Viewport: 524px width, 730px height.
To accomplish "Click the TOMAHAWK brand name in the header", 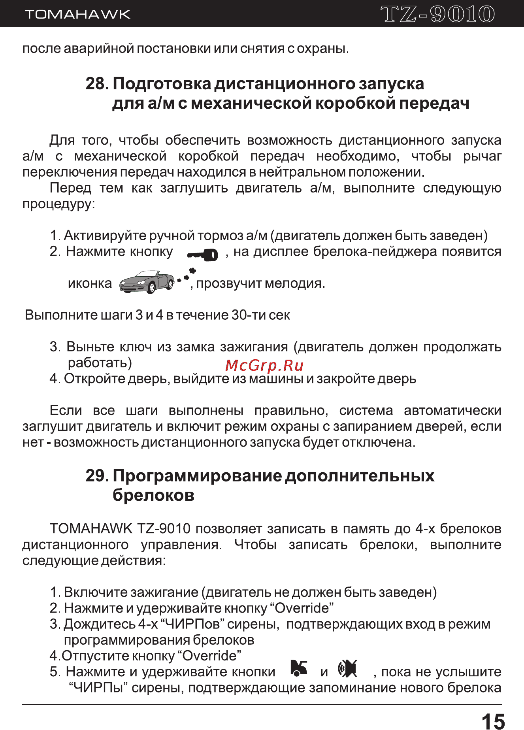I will [x=77, y=15].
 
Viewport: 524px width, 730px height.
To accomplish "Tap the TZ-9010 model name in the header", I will [x=437, y=14].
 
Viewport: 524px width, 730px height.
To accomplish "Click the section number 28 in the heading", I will [x=96, y=84].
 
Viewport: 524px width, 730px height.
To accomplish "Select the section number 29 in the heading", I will [x=96, y=476].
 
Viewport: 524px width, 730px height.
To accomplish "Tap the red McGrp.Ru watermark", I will [x=264, y=366].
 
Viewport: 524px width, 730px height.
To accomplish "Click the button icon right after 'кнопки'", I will [x=299, y=668].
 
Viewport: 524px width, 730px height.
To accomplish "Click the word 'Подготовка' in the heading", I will [x=162, y=84].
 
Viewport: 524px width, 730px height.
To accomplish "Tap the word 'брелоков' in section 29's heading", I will [x=153, y=495].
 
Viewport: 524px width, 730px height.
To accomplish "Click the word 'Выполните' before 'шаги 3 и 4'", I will [x=61, y=315].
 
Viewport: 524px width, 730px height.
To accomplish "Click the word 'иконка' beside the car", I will [x=90, y=283].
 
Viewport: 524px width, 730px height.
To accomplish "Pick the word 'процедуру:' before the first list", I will [x=58, y=204].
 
